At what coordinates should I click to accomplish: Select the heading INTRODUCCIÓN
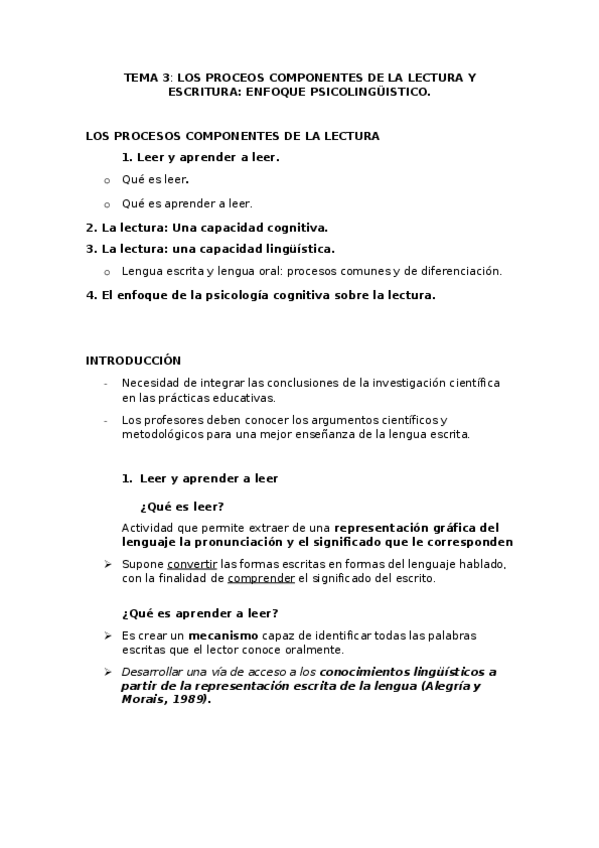[133, 360]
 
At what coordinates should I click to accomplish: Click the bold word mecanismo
[223, 635]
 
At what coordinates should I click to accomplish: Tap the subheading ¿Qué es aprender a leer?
[200, 612]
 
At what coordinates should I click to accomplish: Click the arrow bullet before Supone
[108, 564]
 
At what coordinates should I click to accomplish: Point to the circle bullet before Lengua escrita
[108, 271]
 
